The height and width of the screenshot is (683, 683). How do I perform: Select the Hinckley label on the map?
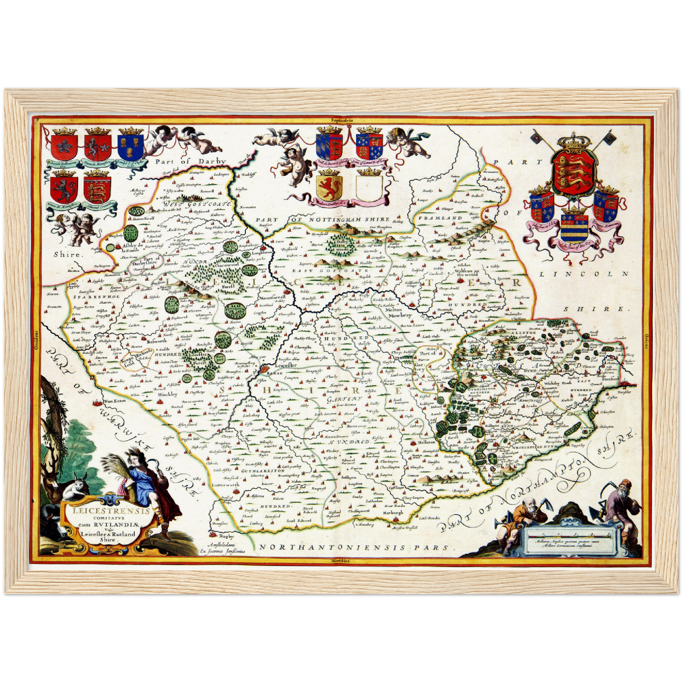pos(167,394)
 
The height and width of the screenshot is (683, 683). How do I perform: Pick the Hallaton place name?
pos(427,442)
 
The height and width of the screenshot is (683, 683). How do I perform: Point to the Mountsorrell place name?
pos(271,299)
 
